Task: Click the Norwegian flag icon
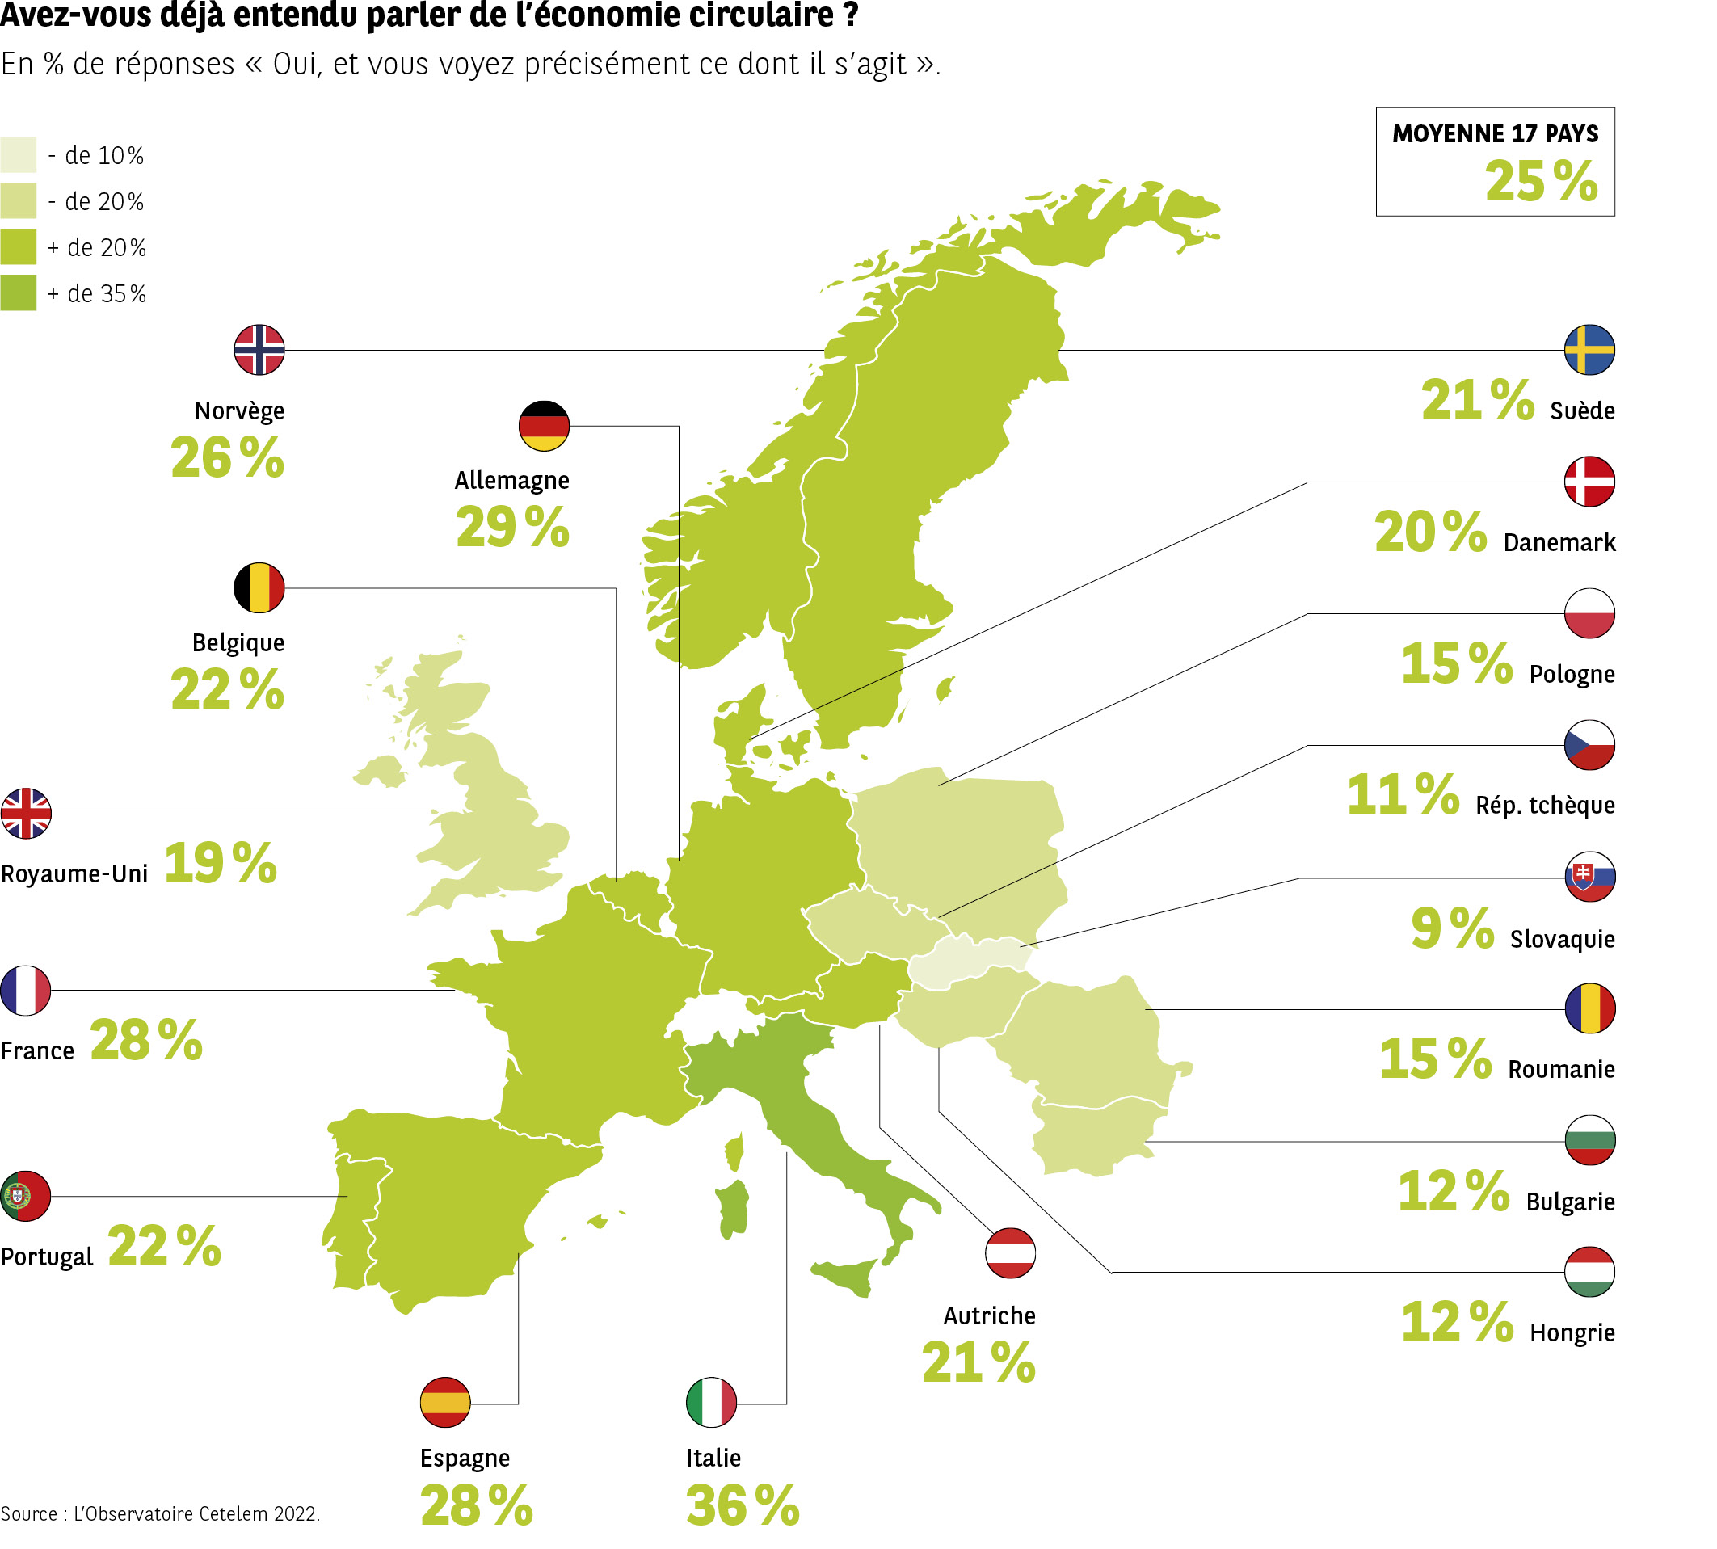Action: [x=259, y=350]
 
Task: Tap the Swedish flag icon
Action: [x=1589, y=350]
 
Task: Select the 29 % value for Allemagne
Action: [x=511, y=527]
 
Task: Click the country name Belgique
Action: [x=238, y=642]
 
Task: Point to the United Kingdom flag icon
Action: [x=27, y=814]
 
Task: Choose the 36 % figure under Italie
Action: [x=742, y=1505]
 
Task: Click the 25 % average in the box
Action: [x=1540, y=181]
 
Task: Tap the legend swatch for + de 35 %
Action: [x=18, y=293]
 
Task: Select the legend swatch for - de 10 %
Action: [x=18, y=154]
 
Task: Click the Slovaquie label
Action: [x=1561, y=939]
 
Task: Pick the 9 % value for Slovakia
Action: [x=1451, y=928]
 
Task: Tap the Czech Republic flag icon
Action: [x=1589, y=745]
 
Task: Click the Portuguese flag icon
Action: [x=26, y=1196]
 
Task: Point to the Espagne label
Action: [x=465, y=1458]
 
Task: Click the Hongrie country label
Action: [x=1572, y=1332]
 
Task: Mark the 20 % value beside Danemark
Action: [x=1430, y=532]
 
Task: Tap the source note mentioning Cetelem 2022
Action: [x=160, y=1514]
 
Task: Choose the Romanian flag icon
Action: [x=1589, y=1008]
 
